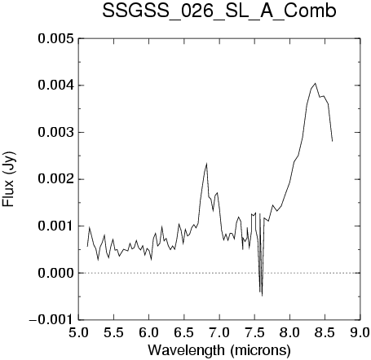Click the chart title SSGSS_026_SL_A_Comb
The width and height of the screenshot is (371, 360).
coord(219,11)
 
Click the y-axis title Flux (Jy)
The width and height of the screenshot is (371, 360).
coord(8,179)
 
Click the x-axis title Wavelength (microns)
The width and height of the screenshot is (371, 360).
coord(219,349)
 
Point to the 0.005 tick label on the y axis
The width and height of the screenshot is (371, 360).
coord(55,38)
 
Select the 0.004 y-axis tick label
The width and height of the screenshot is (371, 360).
coord(55,86)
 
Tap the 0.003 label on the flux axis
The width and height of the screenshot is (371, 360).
coord(55,133)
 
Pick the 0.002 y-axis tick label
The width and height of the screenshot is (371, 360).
coord(55,179)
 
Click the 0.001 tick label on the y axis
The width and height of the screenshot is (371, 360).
coord(55,226)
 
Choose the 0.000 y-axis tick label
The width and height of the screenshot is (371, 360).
coord(55,273)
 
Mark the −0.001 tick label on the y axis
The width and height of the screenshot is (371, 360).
coord(51,320)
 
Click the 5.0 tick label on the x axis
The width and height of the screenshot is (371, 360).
coord(78,332)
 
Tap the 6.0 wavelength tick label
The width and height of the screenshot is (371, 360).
coord(148,332)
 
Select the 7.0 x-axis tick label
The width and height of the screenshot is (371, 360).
coord(219,332)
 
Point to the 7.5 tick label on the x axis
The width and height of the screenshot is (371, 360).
coord(254,332)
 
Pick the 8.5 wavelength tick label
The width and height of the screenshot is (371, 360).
coord(325,332)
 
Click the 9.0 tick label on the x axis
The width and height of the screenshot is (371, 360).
coord(360,332)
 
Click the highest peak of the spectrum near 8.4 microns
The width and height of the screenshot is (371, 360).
coord(316,83)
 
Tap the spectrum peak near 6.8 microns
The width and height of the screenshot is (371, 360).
coord(207,163)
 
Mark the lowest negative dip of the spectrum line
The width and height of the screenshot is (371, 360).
coord(262,296)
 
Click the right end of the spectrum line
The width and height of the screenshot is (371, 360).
coord(332,141)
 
